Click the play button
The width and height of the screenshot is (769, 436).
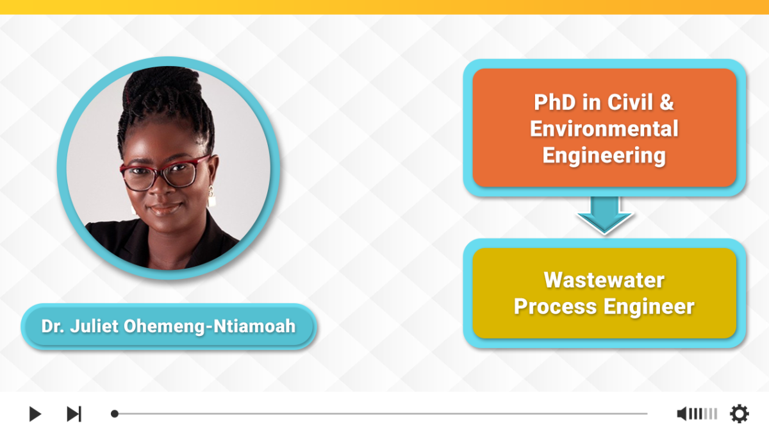(35, 414)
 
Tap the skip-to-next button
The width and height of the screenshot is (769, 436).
(74, 414)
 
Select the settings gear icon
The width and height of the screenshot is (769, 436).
(739, 414)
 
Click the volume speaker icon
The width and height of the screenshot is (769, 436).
(682, 414)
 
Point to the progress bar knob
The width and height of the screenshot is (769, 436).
(115, 414)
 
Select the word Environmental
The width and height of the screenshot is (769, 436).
(604, 128)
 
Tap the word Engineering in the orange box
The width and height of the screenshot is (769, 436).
(604, 156)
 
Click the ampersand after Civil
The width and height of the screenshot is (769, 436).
(666, 103)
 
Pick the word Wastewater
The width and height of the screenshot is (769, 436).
(604, 280)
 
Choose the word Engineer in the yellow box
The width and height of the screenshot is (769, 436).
(649, 307)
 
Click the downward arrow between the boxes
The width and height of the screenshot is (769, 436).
(604, 215)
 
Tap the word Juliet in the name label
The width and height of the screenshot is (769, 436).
(94, 326)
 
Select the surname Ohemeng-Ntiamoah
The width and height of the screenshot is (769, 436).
(210, 326)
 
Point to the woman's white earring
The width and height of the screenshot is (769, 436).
(211, 197)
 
